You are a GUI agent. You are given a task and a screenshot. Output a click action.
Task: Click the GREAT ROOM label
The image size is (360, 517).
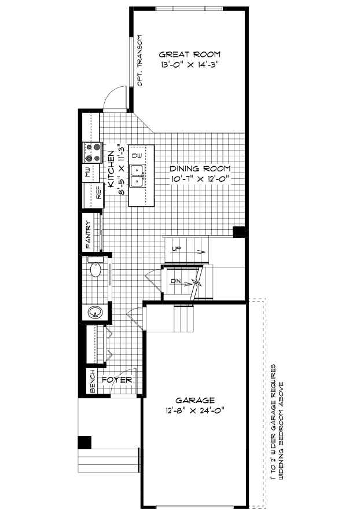pyautogui.click(x=189, y=54)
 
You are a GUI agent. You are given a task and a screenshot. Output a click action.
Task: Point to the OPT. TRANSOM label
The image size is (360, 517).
pyautogui.click(x=139, y=60)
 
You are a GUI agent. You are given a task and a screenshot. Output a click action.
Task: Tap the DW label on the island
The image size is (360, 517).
pyautogui.click(x=137, y=156)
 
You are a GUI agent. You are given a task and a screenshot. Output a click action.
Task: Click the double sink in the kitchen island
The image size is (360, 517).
pyautogui.click(x=137, y=176)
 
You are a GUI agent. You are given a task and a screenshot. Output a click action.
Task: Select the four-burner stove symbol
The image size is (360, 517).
pyautogui.click(x=93, y=152)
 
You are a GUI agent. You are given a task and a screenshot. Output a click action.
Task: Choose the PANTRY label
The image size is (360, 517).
pyautogui.click(x=89, y=234)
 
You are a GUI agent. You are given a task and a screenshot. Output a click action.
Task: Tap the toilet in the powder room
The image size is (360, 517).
pyautogui.click(x=96, y=270)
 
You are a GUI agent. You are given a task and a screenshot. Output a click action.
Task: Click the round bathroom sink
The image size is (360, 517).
pyautogui.click(x=95, y=313)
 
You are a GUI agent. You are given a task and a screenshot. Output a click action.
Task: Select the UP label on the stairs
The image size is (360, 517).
pyautogui.click(x=177, y=248)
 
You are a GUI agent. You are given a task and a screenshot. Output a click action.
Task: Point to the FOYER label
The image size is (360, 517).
pyautogui.click(x=117, y=380)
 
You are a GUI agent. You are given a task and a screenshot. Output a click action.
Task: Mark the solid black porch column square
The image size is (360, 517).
pyautogui.click(x=85, y=442)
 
